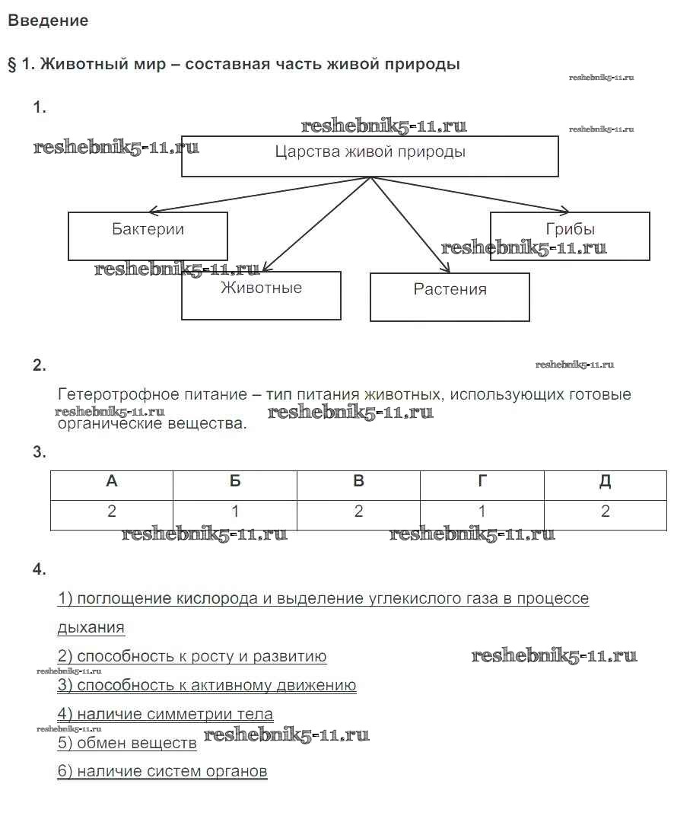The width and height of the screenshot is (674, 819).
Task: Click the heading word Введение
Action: pos(48,21)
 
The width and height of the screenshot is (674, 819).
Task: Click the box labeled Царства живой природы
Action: pos(370,156)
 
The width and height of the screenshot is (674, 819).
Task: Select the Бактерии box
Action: pos(148,236)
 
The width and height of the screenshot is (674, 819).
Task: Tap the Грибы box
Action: pos(570,236)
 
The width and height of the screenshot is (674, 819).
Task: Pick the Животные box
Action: pos(261,295)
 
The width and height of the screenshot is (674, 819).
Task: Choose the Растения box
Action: pos(450,297)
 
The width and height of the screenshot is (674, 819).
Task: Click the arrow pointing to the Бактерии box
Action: pos(259,195)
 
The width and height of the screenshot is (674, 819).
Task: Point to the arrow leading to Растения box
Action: pos(411,225)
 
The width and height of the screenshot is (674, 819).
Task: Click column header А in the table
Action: pos(112,482)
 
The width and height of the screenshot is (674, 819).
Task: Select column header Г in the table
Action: pos(482,482)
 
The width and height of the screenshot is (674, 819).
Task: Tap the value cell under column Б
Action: pos(235,511)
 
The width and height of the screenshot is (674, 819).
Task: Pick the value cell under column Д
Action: pos(606,511)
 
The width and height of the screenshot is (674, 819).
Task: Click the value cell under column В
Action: pos(358,511)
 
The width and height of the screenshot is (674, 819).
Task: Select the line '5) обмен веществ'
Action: pos(127,743)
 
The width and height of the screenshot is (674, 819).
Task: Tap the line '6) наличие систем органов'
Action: pos(162,772)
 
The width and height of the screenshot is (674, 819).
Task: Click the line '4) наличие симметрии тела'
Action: pos(165,715)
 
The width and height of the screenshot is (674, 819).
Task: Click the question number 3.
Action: pos(40,453)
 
